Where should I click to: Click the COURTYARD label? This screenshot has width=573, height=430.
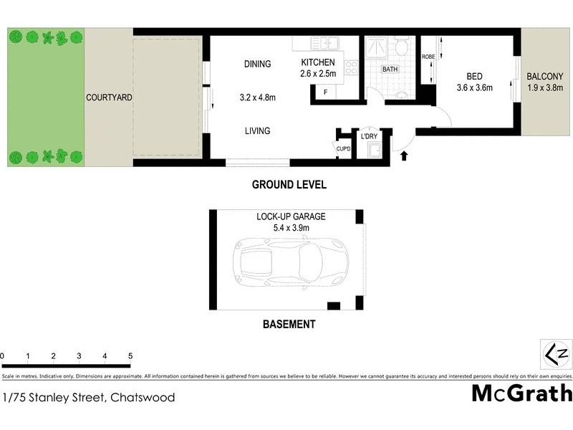tap(109, 97)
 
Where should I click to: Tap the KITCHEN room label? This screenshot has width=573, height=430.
tap(318, 62)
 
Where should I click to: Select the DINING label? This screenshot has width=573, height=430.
tap(256, 64)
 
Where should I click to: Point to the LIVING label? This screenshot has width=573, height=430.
tap(256, 130)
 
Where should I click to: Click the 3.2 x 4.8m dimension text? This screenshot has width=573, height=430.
tap(256, 97)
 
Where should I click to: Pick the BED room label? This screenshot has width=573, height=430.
tap(473, 76)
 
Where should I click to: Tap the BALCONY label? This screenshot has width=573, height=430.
tap(545, 77)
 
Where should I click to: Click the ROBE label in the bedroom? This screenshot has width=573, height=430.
tap(428, 57)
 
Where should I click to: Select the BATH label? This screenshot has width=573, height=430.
tap(390, 70)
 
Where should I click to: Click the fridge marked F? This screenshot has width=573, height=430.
tap(326, 92)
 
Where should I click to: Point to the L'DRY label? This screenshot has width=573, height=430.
tap(369, 136)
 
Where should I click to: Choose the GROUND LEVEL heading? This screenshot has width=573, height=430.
tap(289, 185)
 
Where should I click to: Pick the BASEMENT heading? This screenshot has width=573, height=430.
tap(289, 325)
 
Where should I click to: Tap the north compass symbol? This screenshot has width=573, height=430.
tap(557, 353)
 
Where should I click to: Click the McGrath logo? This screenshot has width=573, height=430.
tap(521, 393)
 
